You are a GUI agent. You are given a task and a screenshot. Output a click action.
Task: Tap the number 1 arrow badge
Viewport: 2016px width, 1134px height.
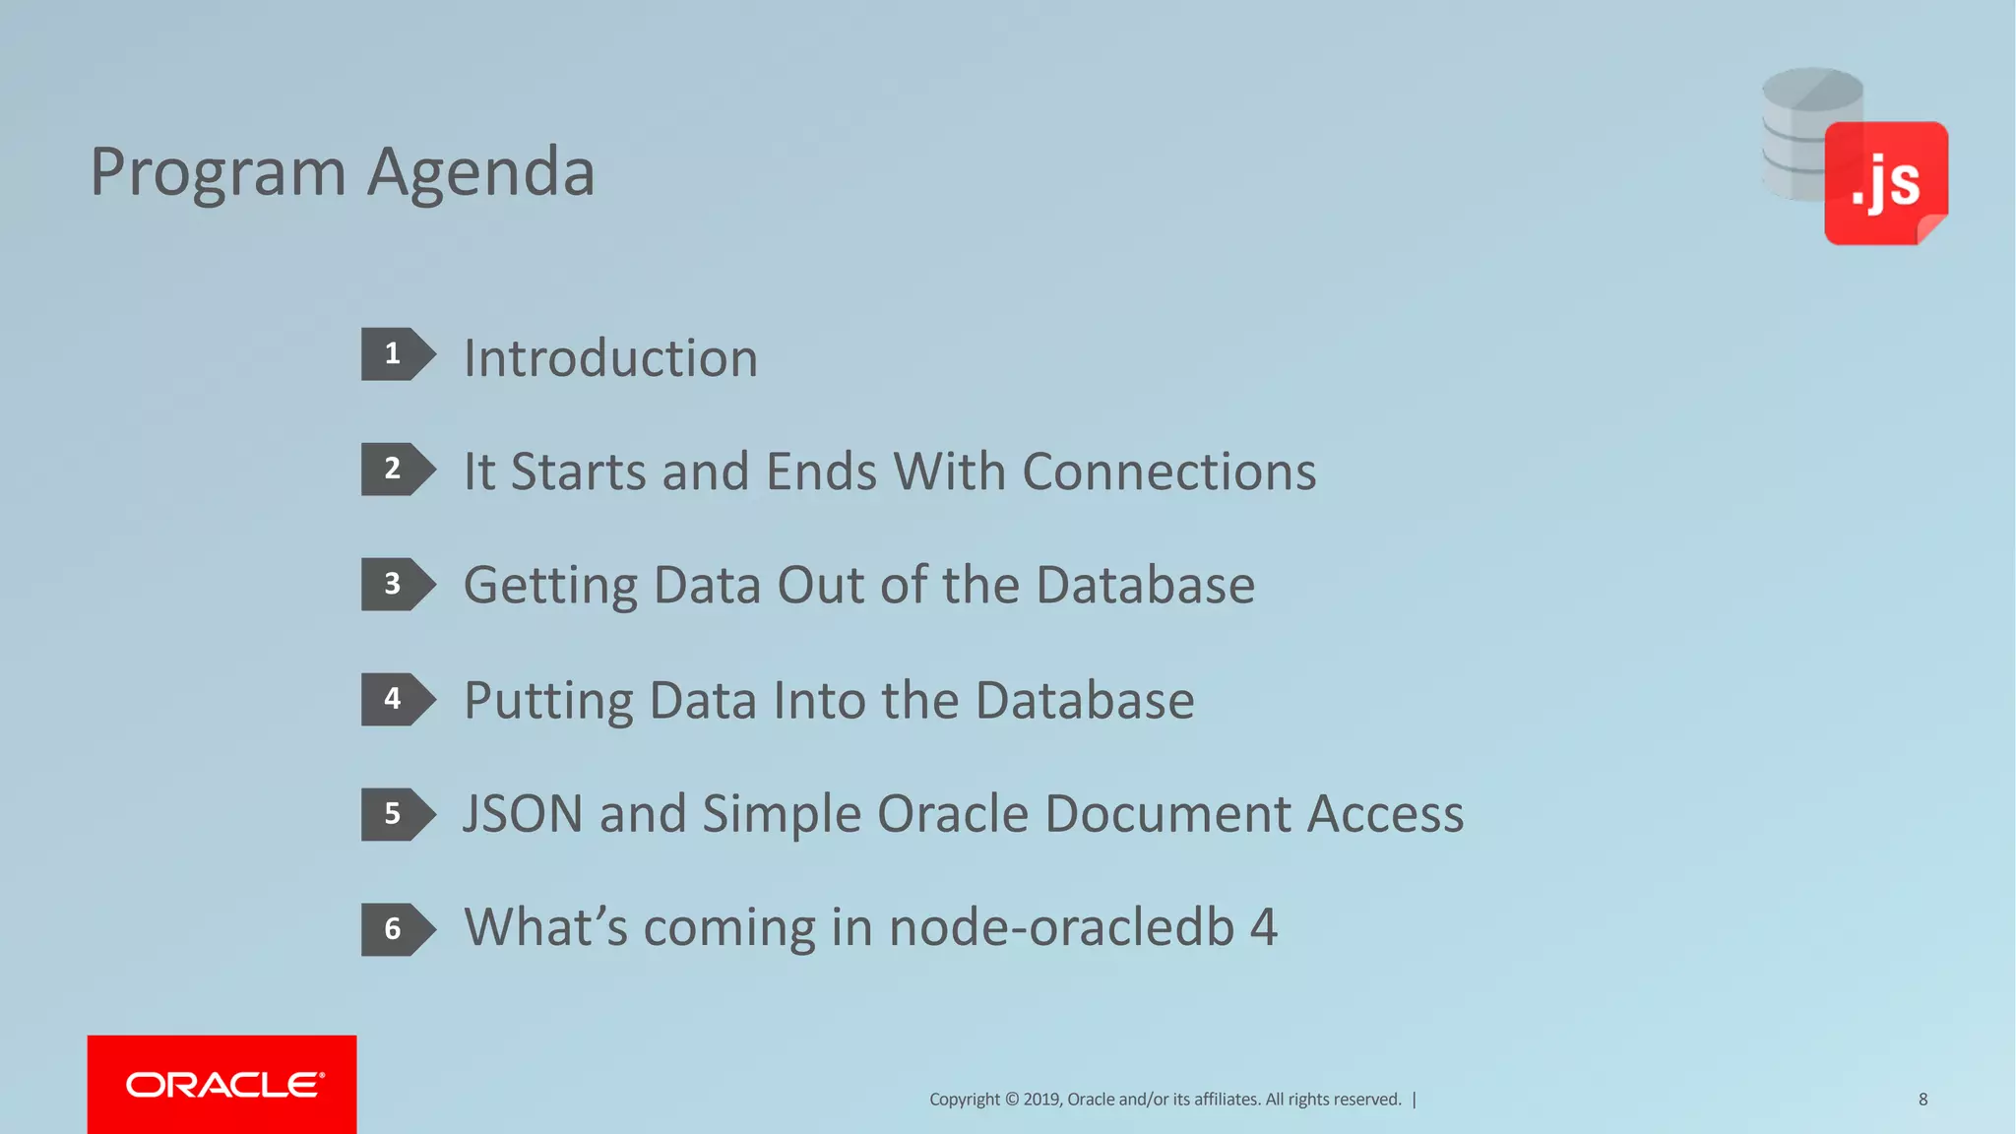397,354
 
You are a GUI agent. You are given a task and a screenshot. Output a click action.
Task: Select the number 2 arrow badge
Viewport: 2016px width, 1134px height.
397,469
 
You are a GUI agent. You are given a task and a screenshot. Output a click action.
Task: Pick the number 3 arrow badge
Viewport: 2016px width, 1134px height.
397,584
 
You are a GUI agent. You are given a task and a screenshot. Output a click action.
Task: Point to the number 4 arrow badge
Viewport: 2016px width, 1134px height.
397,699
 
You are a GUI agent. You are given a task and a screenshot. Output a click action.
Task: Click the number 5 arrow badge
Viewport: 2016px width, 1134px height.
397,814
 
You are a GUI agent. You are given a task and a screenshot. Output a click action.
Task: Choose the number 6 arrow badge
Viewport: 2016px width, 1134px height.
397,929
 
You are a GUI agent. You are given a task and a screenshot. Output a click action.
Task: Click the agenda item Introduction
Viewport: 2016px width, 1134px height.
610,357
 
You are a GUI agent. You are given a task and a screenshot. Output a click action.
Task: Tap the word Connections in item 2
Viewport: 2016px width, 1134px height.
1168,472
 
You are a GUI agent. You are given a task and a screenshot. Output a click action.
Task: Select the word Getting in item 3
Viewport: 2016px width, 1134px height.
550,587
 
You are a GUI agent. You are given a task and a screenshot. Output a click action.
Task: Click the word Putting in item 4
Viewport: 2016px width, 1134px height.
548,701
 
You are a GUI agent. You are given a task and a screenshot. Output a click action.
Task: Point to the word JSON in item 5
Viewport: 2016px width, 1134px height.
523,814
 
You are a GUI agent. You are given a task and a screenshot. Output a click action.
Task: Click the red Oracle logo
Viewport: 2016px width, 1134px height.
222,1084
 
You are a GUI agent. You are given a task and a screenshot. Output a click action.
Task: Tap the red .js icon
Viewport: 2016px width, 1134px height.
1885,183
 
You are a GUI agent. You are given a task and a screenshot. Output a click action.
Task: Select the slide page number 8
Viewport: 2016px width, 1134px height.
1922,1100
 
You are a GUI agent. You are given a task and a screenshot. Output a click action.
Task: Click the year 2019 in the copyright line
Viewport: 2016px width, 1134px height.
1041,1100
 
